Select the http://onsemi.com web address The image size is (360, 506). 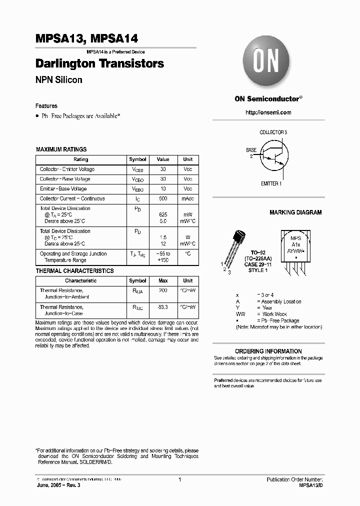pyautogui.click(x=268, y=113)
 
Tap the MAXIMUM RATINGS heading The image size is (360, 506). pyautogui.click(x=61, y=149)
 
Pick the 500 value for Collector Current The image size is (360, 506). pyautogui.click(x=163, y=198)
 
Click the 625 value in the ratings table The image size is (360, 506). pyautogui.click(x=163, y=214)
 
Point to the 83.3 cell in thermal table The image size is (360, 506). pyautogui.click(x=163, y=307)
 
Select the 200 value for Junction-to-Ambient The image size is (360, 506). pyautogui.click(x=163, y=290)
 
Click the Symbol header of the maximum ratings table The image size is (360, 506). pyautogui.click(x=137, y=159)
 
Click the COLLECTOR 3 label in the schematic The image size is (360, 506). pyautogui.click(x=273, y=132)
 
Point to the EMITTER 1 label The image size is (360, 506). pyautogui.click(x=271, y=184)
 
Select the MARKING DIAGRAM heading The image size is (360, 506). pyautogui.click(x=295, y=212)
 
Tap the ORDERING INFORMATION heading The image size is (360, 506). pyautogui.click(x=267, y=351)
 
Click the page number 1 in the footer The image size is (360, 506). pyautogui.click(x=179, y=479)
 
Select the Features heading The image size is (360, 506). pyautogui.click(x=46, y=106)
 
